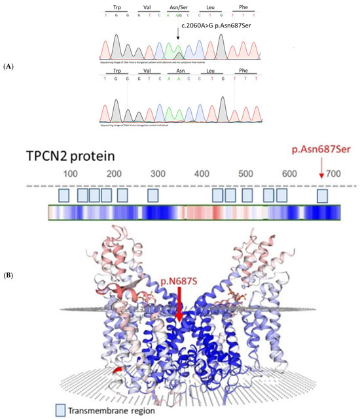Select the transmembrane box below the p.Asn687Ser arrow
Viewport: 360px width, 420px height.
tap(322, 195)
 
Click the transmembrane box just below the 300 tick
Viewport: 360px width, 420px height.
tap(153, 195)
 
